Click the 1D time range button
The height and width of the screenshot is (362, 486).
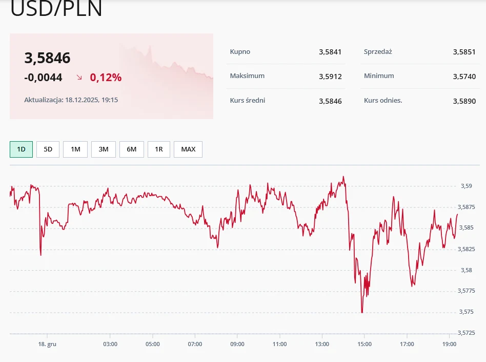pyautogui.click(x=21, y=149)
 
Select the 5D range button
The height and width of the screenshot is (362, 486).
pyautogui.click(x=48, y=149)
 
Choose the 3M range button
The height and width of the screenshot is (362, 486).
pyautogui.click(x=104, y=149)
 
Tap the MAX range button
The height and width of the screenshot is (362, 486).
pyautogui.click(x=188, y=149)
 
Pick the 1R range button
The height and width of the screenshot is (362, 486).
pyautogui.click(x=159, y=149)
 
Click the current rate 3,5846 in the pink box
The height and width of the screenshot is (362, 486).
pyautogui.click(x=47, y=59)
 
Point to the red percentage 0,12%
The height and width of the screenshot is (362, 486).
pyautogui.click(x=106, y=78)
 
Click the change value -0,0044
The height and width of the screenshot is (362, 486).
pyautogui.click(x=43, y=78)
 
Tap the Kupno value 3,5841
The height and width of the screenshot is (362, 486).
pyautogui.click(x=330, y=52)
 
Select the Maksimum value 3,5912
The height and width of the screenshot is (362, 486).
pyautogui.click(x=330, y=77)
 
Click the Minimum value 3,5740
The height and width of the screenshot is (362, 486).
pyautogui.click(x=464, y=77)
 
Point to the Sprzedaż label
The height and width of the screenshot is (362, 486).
pyautogui.click(x=378, y=51)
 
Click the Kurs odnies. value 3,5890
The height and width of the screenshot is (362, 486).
pyautogui.click(x=464, y=101)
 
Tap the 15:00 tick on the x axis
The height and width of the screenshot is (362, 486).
pyautogui.click(x=364, y=344)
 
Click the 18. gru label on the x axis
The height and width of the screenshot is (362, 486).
pyautogui.click(x=48, y=344)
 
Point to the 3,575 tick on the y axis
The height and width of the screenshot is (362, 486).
pyautogui.click(x=465, y=312)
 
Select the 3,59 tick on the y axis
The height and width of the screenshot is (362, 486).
pyautogui.click(x=465, y=186)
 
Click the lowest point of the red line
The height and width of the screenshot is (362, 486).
pyautogui.click(x=362, y=312)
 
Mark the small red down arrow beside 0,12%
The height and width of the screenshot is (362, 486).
pyautogui.click(x=79, y=78)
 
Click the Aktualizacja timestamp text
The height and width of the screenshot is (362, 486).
pyautogui.click(x=71, y=100)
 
